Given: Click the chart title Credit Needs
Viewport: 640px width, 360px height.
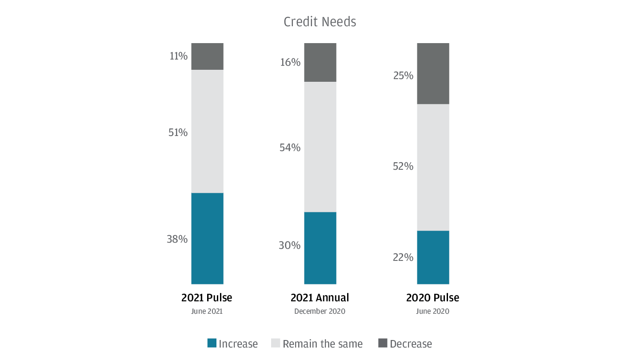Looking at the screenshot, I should [320, 22].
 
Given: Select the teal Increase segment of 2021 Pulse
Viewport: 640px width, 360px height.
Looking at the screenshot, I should [207, 238].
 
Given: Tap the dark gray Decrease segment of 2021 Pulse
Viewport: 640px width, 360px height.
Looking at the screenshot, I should [207, 56].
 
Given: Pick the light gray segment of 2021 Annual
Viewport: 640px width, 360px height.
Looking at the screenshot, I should [320, 147].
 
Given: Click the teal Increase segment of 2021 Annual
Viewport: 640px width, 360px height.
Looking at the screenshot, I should [320, 248].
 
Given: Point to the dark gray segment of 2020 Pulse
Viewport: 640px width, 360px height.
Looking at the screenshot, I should [433, 73].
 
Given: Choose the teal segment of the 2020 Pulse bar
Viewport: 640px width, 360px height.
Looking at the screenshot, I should [433, 257].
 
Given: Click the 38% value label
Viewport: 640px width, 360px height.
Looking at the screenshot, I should [177, 239].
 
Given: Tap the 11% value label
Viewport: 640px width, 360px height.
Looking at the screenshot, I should [179, 56].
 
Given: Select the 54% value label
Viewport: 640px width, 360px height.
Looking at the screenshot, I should [290, 148].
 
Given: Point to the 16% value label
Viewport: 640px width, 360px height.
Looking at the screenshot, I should [290, 62].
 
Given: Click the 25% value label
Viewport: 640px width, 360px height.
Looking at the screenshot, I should [403, 76].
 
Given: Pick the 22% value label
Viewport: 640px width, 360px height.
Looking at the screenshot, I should [403, 257].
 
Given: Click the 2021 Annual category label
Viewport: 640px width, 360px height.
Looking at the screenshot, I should [320, 297].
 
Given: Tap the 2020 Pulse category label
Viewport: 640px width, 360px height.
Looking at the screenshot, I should [432, 297].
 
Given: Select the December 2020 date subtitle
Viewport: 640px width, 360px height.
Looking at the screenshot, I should [320, 311].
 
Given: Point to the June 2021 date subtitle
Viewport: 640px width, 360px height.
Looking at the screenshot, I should [207, 311].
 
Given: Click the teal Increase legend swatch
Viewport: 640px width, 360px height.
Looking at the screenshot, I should [212, 343].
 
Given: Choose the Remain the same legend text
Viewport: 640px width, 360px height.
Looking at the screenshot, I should [323, 344].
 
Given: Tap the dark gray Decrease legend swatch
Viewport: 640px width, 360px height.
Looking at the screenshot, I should [383, 343].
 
